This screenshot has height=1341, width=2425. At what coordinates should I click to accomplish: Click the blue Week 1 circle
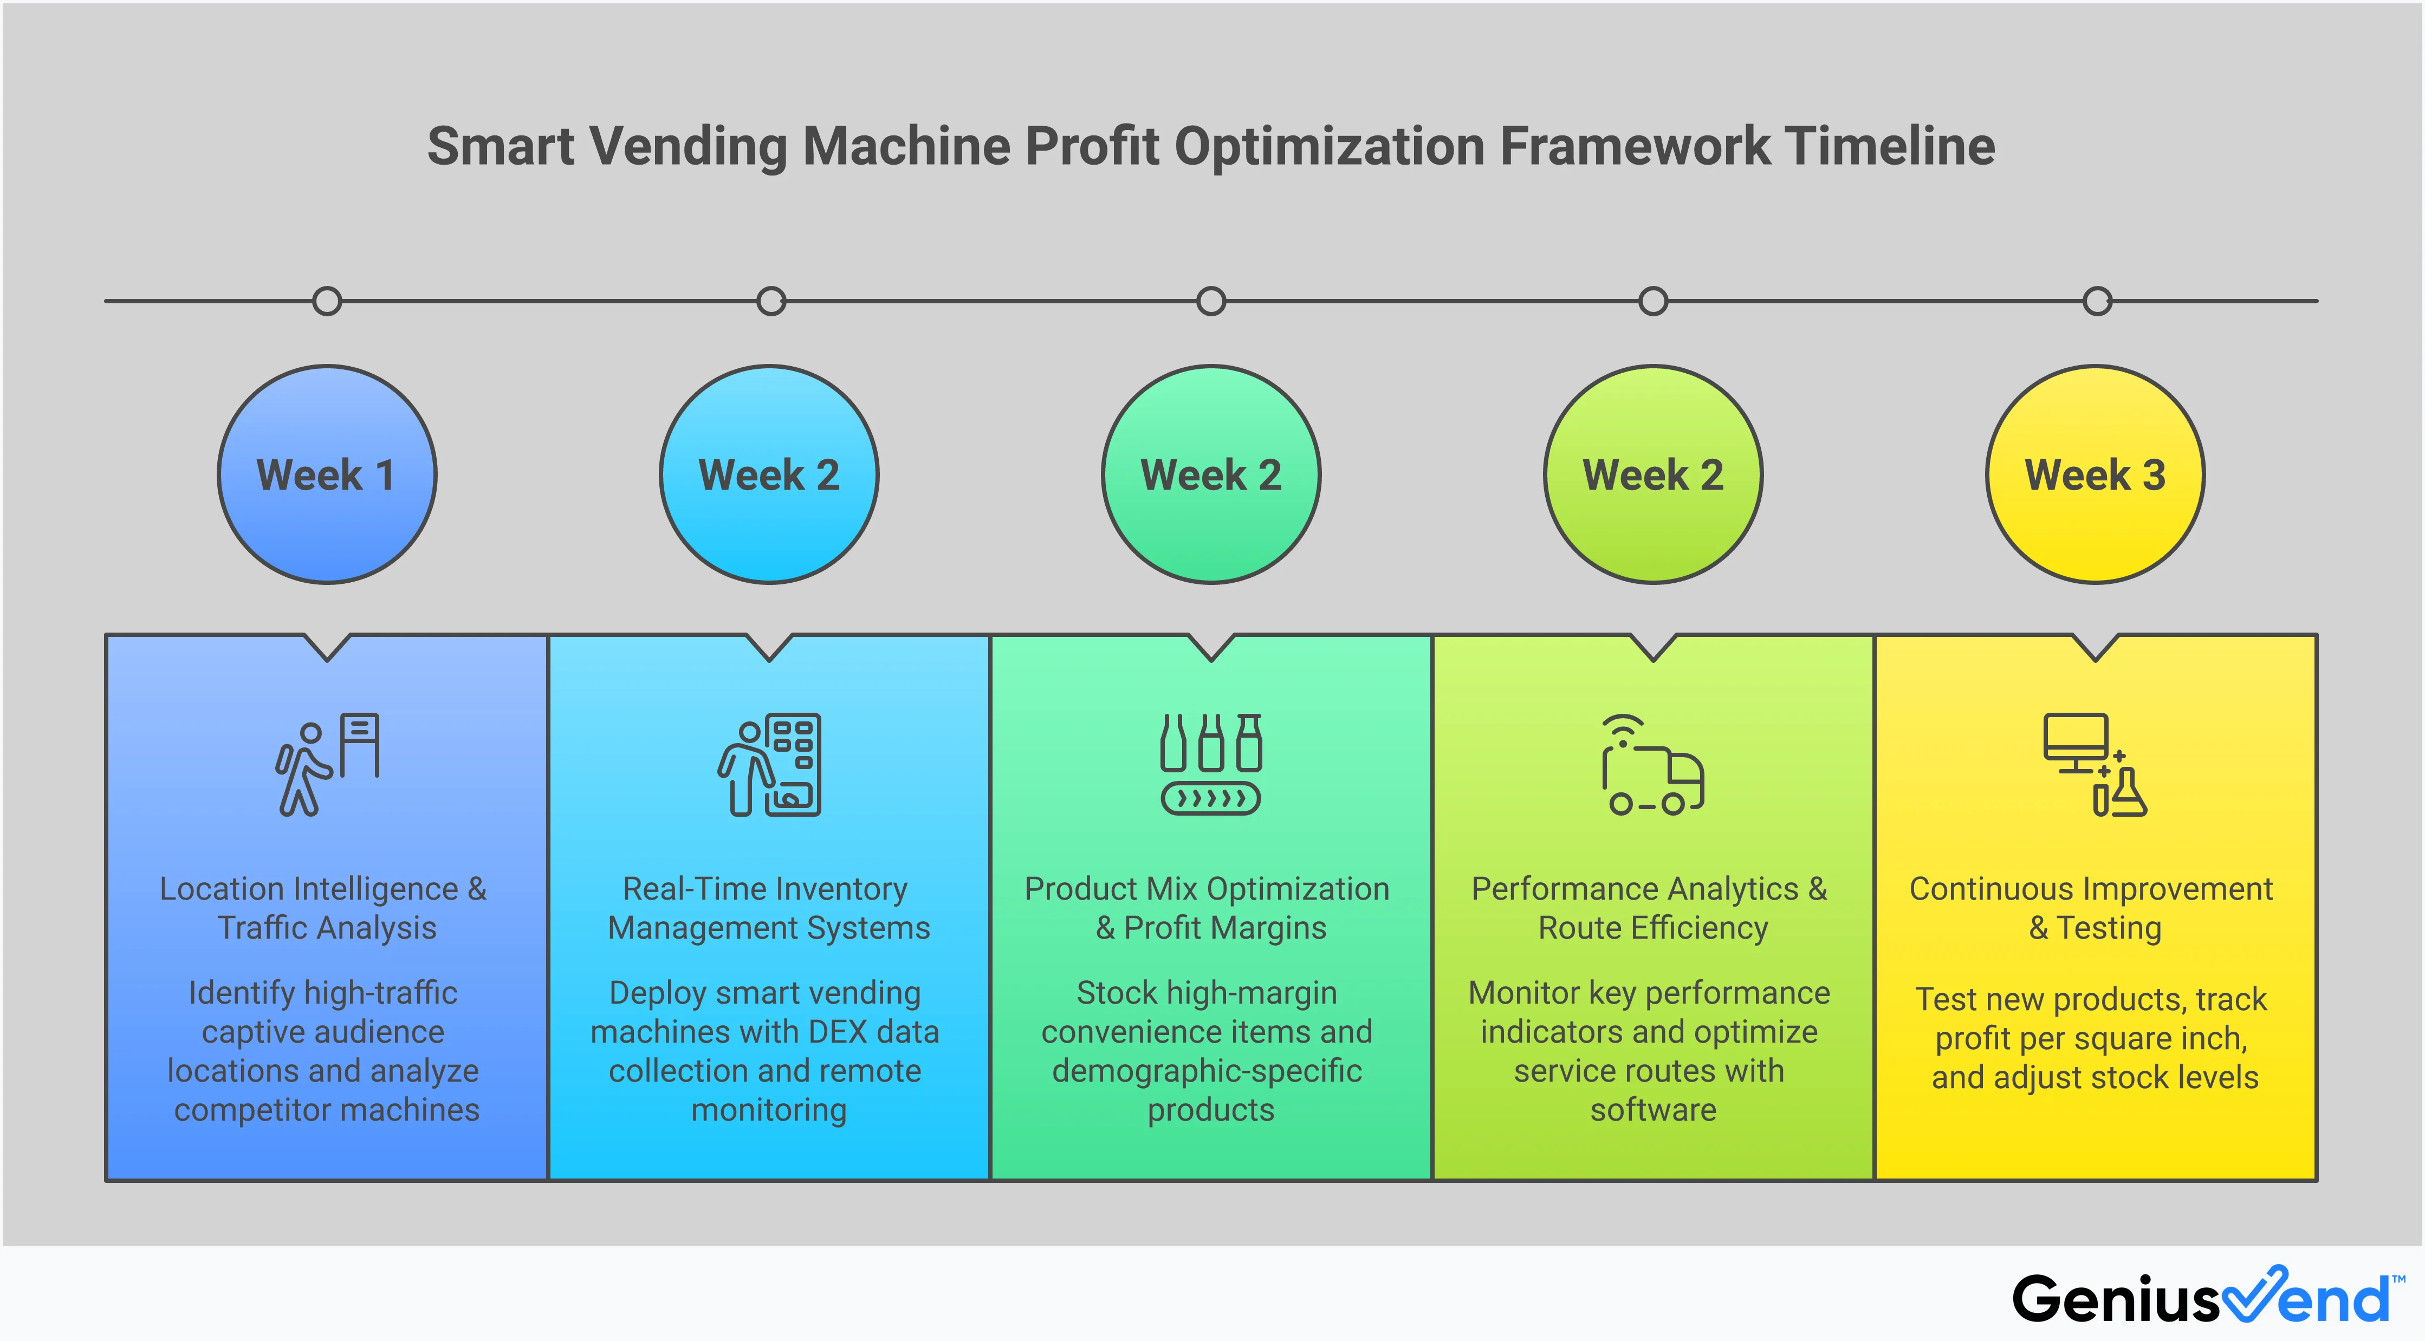click(327, 474)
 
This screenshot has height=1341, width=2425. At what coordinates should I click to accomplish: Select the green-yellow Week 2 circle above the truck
click(1653, 474)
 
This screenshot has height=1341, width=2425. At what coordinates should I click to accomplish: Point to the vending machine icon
click(770, 764)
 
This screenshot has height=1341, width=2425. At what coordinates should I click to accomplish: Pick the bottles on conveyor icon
click(1211, 764)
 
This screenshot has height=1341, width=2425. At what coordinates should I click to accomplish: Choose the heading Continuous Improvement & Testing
click(2092, 908)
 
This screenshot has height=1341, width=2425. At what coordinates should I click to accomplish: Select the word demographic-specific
click(1207, 1071)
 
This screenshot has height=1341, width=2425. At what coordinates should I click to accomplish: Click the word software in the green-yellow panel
click(1653, 1110)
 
